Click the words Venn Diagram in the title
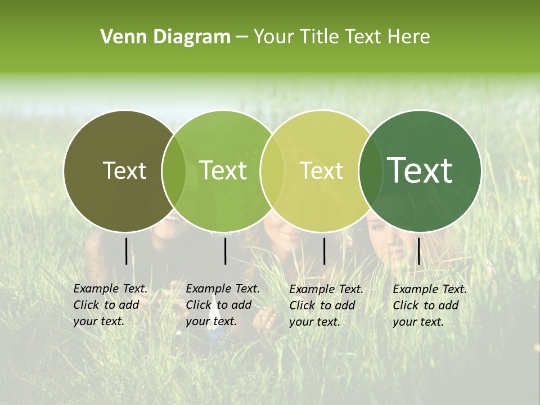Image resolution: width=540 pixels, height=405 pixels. tap(165, 37)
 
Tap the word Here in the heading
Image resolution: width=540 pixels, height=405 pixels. tap(409, 37)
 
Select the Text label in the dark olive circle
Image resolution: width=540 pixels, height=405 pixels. tap(125, 170)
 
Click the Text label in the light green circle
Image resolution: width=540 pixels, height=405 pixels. tap(223, 170)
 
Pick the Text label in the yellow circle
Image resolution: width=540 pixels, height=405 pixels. tap(322, 170)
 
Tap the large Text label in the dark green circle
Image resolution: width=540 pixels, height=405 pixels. tap(420, 170)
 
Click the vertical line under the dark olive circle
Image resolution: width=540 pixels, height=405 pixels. tap(126, 251)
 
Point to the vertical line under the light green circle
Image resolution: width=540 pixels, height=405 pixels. tap(225, 251)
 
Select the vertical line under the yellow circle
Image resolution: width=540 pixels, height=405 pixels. tap(324, 251)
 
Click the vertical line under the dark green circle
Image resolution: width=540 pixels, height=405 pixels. tap(418, 251)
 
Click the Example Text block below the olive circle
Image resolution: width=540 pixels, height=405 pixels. tap(110, 305)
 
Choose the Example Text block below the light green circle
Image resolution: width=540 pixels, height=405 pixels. tap(223, 305)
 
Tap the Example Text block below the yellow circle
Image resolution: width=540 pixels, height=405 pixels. tap(326, 305)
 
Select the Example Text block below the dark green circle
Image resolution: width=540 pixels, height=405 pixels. tap(430, 305)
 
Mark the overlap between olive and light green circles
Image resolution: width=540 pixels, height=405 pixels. tap(174, 170)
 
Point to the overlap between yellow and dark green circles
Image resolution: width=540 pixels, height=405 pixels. tap(368, 170)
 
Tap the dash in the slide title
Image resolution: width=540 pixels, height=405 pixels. tap(242, 37)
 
